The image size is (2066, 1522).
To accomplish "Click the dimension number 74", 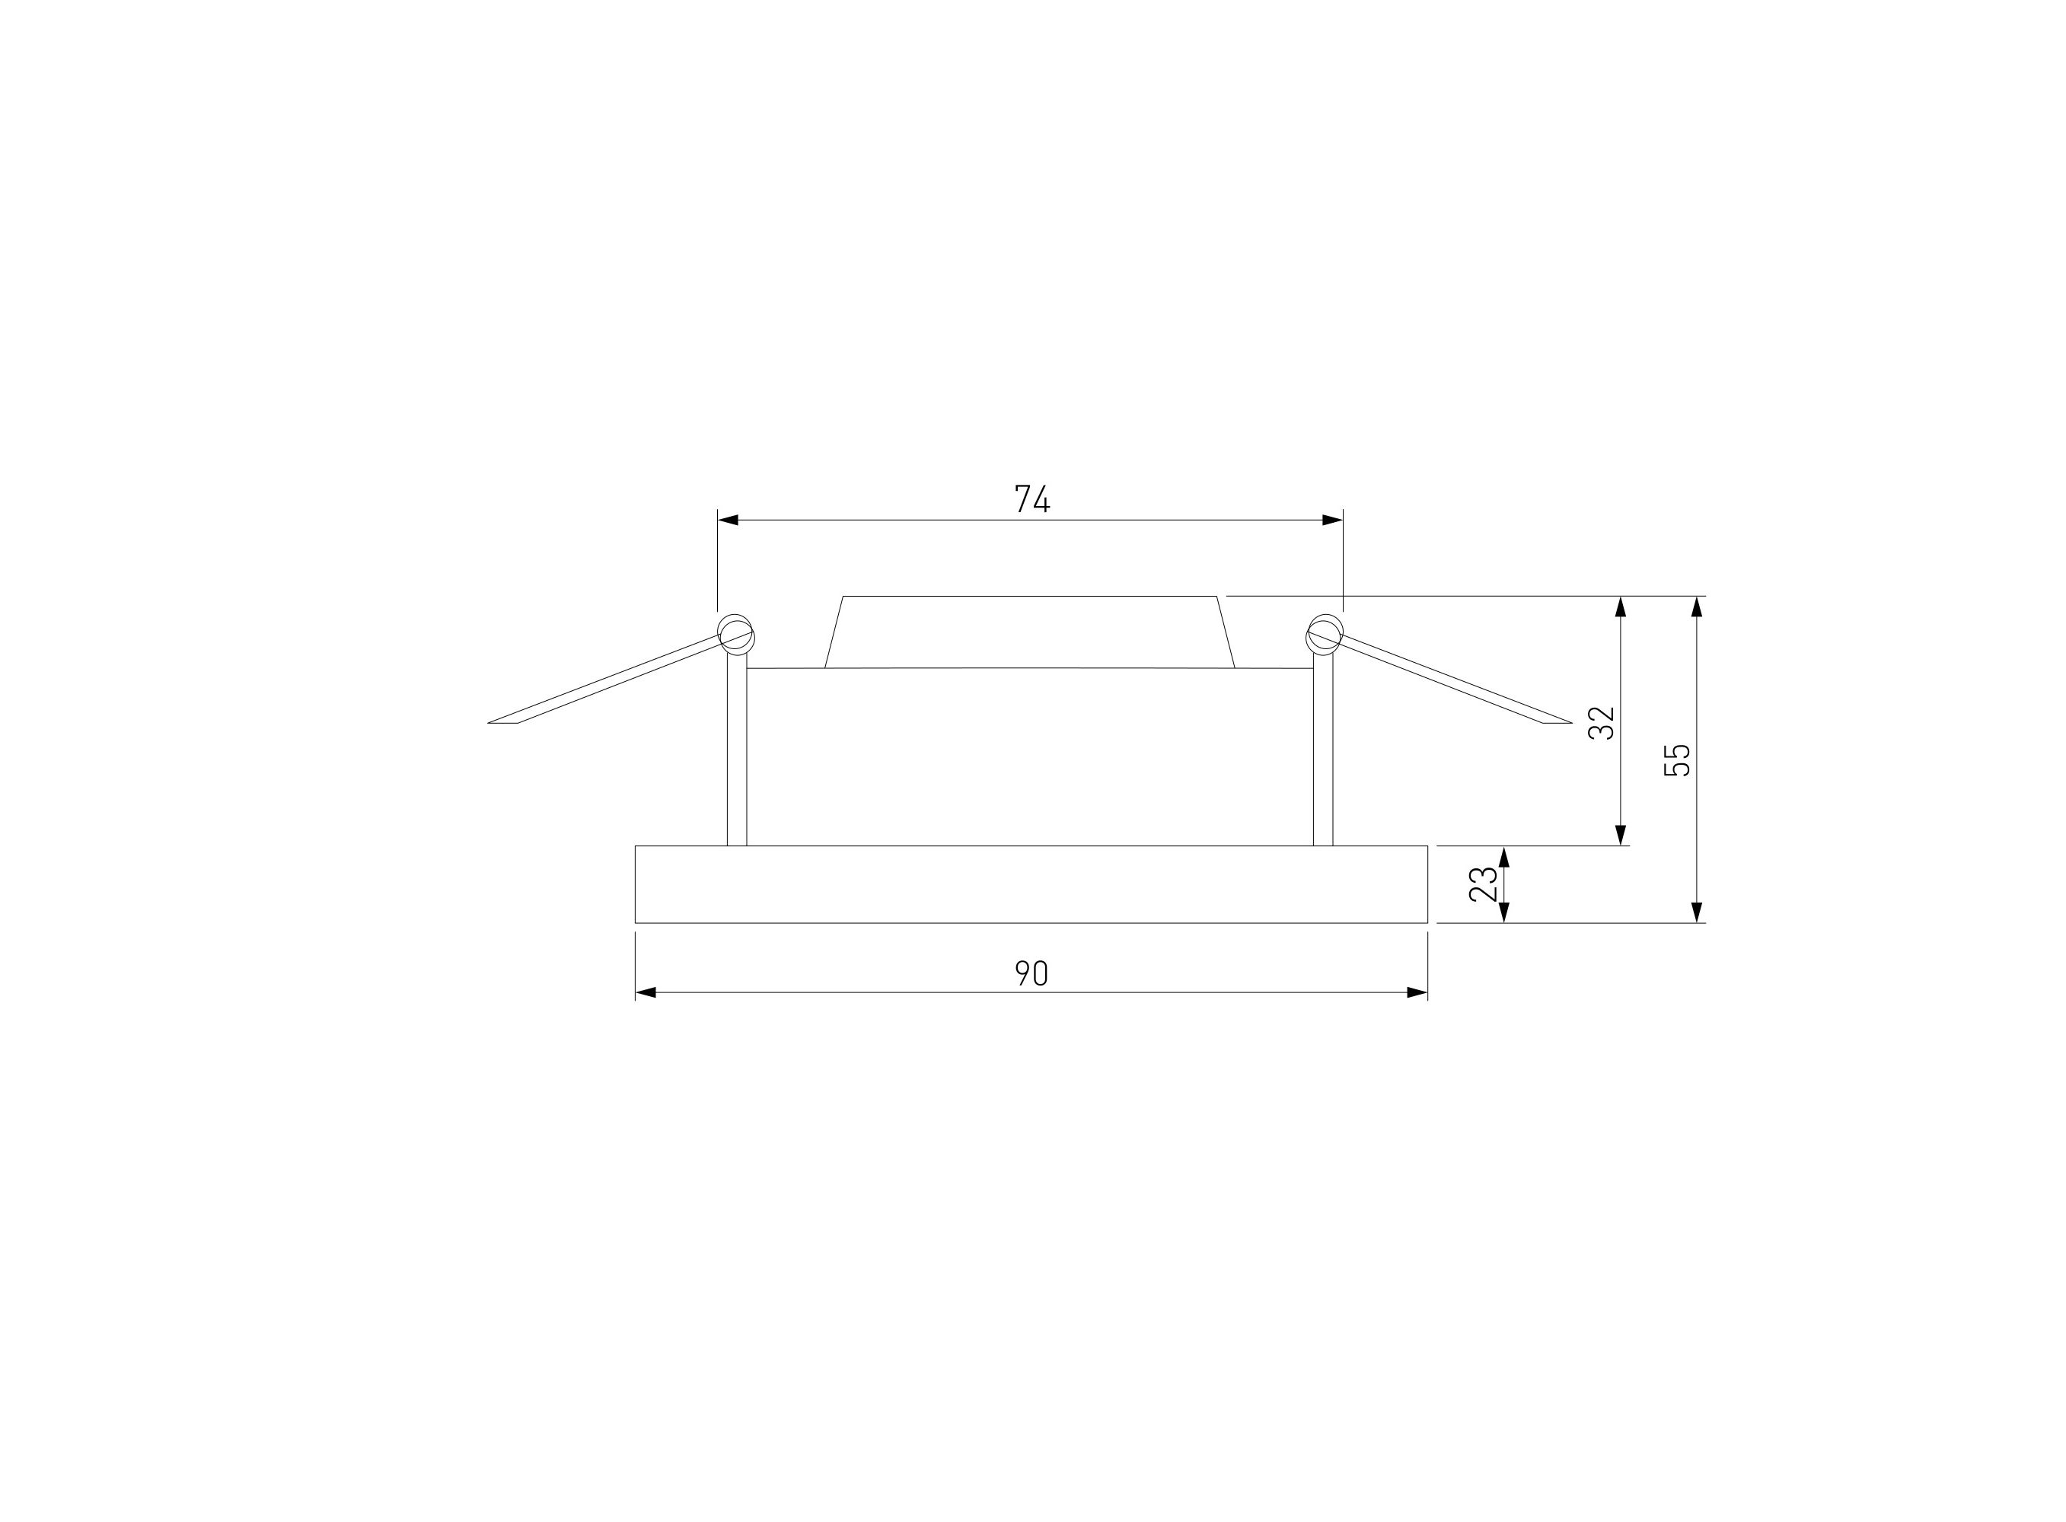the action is [1032, 498].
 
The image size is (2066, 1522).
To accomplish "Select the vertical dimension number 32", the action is [1602, 722].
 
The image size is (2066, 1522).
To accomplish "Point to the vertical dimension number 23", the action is [1484, 884].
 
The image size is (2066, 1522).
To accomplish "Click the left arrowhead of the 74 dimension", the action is [728, 520].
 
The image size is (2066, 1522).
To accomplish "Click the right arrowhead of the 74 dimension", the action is [1332, 520].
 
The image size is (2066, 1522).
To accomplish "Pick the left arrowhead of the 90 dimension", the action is [646, 992].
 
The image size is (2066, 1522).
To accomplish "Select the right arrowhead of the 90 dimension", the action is [1417, 992].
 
